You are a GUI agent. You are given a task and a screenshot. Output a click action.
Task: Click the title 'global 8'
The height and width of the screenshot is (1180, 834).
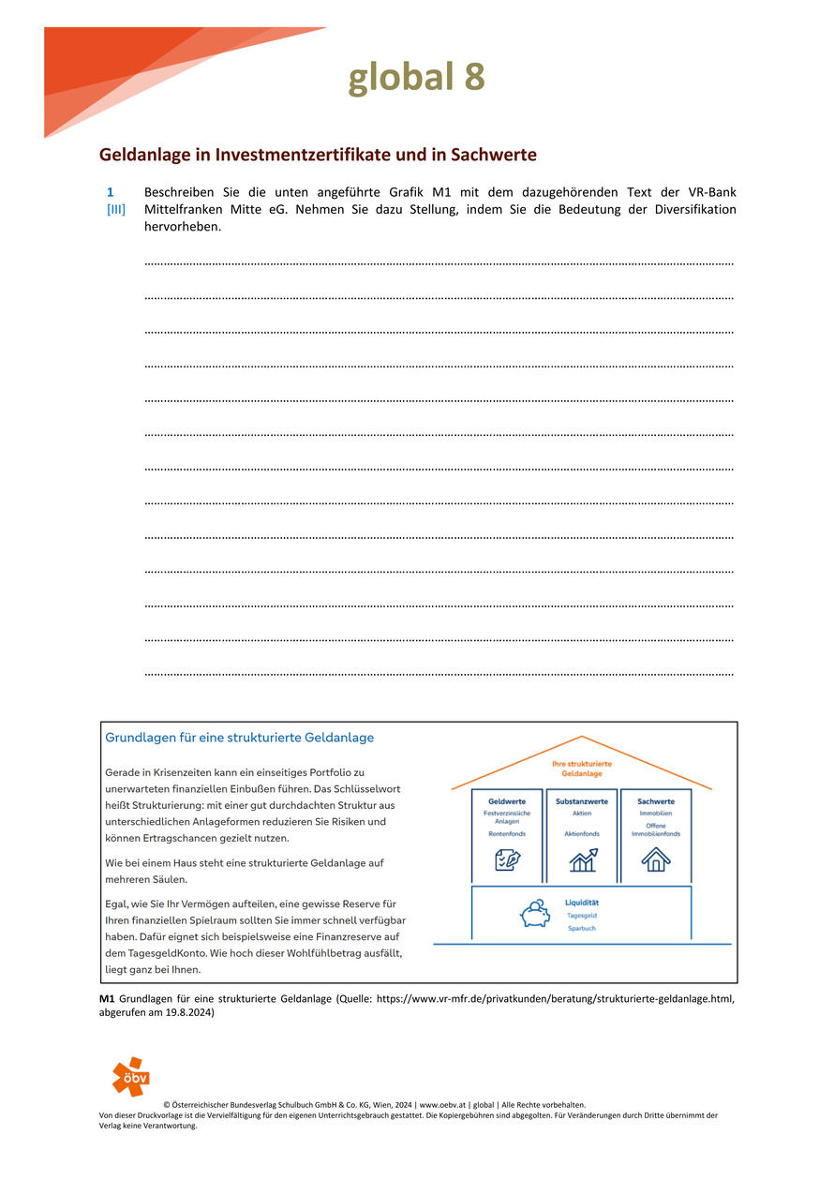pos(416,78)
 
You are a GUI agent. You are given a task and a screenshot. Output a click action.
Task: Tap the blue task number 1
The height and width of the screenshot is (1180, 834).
pos(110,192)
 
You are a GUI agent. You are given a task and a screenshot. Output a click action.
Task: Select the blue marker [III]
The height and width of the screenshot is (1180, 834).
pos(115,210)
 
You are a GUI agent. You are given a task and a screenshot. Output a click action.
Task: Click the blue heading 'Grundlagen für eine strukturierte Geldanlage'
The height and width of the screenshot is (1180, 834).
pos(240,738)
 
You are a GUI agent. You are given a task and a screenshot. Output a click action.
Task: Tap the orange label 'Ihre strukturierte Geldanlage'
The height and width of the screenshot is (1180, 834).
pos(581,769)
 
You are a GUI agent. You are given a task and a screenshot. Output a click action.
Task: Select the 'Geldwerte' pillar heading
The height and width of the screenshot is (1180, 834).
pos(507,801)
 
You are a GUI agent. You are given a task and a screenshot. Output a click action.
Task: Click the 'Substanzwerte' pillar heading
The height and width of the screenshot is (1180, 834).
pos(581,801)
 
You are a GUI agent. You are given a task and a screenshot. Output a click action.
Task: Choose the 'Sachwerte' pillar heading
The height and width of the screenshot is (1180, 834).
pos(656,801)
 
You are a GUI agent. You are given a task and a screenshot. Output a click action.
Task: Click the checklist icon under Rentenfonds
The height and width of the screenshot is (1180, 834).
pos(507,859)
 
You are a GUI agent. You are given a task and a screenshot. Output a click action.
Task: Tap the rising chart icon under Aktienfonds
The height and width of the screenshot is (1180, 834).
pos(582,859)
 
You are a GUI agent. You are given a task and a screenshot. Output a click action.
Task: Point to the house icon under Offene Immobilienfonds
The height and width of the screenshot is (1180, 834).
pos(656,859)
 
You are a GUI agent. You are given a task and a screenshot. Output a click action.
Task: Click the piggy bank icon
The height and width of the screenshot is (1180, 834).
pos(535,914)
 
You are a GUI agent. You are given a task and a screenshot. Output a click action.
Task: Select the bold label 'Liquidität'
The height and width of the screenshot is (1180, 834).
pos(582,903)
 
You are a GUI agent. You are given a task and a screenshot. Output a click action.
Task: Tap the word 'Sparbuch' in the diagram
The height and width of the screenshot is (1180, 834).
pos(581,928)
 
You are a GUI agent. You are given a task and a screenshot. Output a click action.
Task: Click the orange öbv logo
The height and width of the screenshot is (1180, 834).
pos(130,1076)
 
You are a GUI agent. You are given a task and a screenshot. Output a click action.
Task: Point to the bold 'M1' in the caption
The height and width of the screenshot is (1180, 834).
pos(107,999)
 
